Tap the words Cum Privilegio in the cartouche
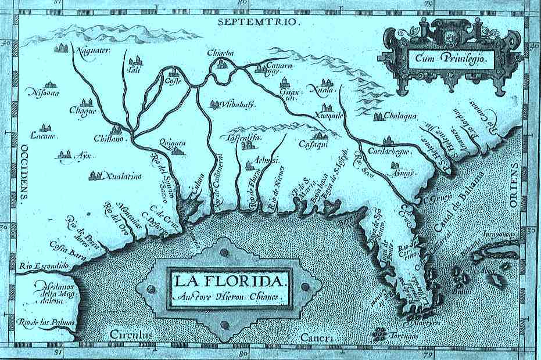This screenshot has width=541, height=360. pos(446,58)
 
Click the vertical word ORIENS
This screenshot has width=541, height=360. pos(514,186)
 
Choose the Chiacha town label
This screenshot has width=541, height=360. pos(220,53)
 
